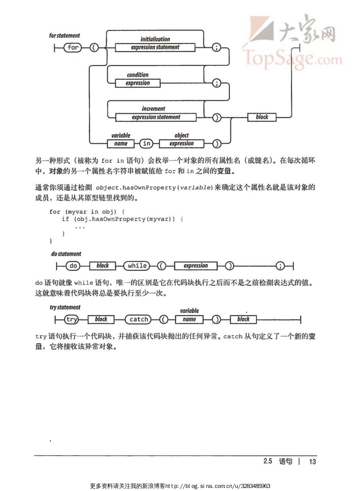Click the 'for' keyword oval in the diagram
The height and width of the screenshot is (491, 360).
tap(73, 48)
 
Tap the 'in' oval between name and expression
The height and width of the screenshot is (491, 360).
tap(146, 144)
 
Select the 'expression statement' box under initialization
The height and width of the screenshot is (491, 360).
tap(155, 47)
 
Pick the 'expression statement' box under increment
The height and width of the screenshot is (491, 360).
tap(156, 117)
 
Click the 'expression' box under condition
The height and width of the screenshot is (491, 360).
tap(138, 83)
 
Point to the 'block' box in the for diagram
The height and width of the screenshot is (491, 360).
tap(262, 117)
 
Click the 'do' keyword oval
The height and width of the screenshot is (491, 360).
tap(73, 266)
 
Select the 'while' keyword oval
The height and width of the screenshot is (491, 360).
tap(137, 266)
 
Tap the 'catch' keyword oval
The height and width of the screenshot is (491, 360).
tap(139, 320)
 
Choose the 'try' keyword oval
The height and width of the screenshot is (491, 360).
tap(72, 320)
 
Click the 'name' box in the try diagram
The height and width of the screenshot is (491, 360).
tap(189, 320)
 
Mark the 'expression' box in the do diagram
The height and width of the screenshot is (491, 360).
tap(195, 266)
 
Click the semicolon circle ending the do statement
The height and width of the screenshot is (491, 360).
tap(280, 266)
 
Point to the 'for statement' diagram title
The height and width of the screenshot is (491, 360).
tap(64, 35)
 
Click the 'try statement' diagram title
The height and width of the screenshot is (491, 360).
tap(65, 307)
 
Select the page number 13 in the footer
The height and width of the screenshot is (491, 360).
tap(312, 462)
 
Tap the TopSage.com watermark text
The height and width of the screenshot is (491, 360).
tap(292, 59)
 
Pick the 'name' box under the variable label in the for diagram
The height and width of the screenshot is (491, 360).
tap(121, 144)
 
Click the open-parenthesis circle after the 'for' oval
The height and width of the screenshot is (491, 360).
tap(94, 48)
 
